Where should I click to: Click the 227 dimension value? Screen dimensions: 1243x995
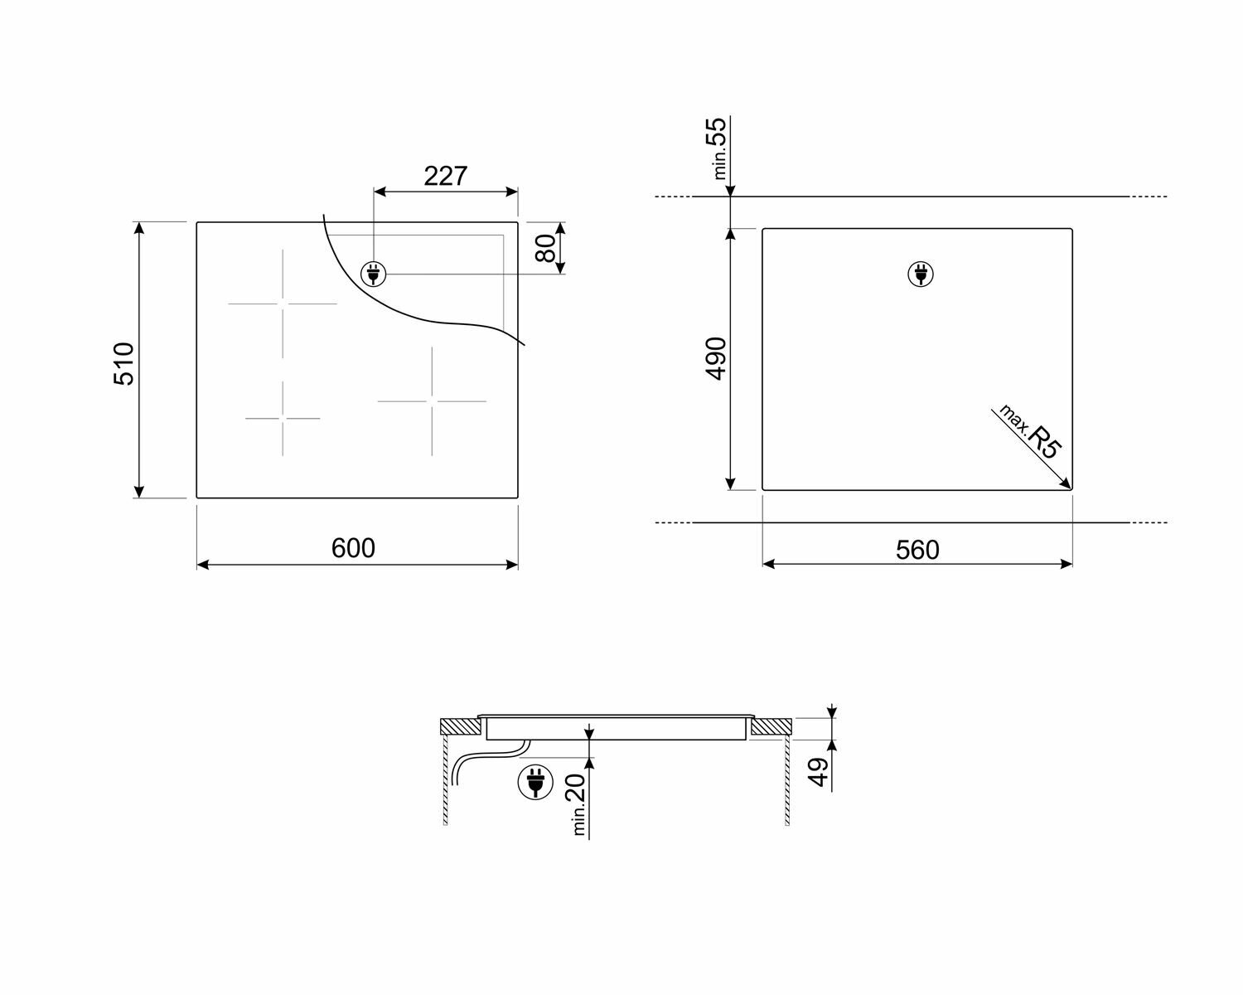click(x=445, y=176)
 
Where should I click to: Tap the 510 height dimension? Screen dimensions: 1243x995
click(x=124, y=364)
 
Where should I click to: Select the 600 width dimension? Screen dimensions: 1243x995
click(x=353, y=547)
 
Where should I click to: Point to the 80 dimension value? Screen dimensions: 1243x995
click(x=545, y=248)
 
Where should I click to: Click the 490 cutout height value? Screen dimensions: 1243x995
click(x=717, y=358)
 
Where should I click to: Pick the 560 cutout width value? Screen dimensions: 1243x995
click(x=917, y=550)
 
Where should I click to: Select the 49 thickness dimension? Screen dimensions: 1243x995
click(x=818, y=771)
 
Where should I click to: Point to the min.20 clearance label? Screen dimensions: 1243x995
click(x=578, y=804)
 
